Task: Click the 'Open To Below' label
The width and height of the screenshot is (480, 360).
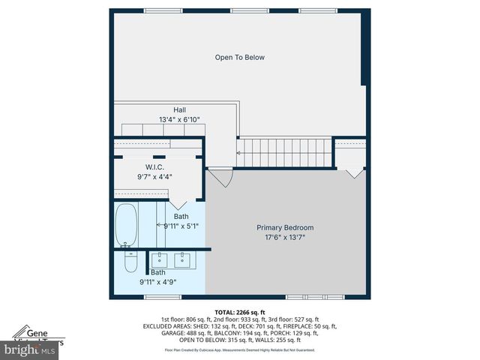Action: coord(239,57)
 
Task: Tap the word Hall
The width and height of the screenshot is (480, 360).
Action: coord(179,109)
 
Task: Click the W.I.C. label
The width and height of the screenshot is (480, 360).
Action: coord(154,166)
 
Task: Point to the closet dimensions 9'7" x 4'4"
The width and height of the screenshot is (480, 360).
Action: coord(154,177)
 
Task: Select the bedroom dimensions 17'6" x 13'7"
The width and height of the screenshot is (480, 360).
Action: coord(285,238)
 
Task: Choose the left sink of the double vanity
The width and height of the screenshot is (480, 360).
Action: coord(159,260)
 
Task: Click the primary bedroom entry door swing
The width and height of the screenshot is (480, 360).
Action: coord(220,178)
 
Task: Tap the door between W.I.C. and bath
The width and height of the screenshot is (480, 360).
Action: coord(178,202)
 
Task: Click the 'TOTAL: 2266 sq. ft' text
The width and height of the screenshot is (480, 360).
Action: coord(240,312)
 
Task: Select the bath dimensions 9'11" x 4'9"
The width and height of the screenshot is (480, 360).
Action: coord(157,283)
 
